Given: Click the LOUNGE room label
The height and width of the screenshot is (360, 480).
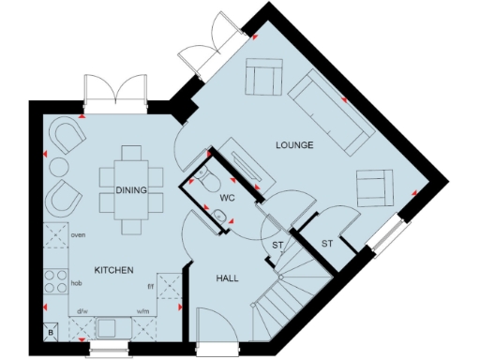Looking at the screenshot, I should [x=293, y=145].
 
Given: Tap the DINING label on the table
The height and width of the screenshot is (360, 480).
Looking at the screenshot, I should [x=132, y=190].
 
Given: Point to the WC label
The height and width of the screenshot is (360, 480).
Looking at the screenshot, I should [x=226, y=198].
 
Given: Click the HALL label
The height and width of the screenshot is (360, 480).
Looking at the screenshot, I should [x=225, y=279].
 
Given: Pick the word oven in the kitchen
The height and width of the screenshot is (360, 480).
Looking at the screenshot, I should [x=79, y=235].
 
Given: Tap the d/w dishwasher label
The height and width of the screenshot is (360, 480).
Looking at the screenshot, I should [x=82, y=311].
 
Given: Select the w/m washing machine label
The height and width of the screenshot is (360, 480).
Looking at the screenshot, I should [x=143, y=311].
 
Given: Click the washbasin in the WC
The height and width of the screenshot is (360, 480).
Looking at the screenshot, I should [x=221, y=217].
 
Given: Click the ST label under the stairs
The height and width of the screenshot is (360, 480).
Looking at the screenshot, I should [x=277, y=247].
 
